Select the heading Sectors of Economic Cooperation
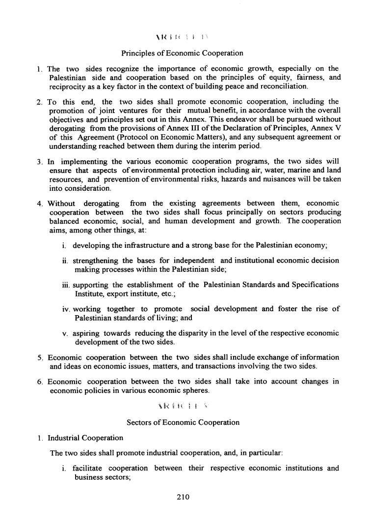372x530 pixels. pos(183,422)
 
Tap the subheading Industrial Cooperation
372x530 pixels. pos(85,438)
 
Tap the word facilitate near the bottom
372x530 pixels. pos(89,468)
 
